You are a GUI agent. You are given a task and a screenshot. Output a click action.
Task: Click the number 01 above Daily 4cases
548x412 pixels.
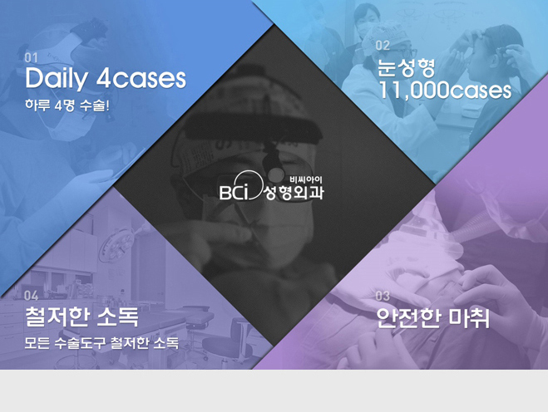[31, 57]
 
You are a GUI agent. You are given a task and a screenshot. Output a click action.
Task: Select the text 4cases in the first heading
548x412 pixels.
[141, 79]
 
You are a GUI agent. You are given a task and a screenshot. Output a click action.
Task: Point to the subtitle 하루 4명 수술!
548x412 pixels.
[67, 105]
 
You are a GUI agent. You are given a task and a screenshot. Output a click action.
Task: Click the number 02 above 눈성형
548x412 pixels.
[383, 46]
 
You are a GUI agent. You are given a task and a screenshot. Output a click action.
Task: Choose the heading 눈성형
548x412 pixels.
[406, 68]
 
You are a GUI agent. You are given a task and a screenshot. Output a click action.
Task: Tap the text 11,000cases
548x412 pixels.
[445, 90]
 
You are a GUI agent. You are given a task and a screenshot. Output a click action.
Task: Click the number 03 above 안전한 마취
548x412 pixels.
[383, 296]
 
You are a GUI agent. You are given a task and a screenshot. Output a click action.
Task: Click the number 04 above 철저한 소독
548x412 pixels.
[31, 296]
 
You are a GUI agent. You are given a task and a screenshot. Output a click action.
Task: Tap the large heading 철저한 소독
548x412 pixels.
[81, 316]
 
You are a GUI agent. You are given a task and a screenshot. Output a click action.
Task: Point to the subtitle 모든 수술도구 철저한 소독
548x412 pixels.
[101, 343]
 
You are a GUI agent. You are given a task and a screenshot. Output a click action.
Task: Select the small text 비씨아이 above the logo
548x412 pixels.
[306, 180]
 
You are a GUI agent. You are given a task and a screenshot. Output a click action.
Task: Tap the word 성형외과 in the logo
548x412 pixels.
[294, 193]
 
